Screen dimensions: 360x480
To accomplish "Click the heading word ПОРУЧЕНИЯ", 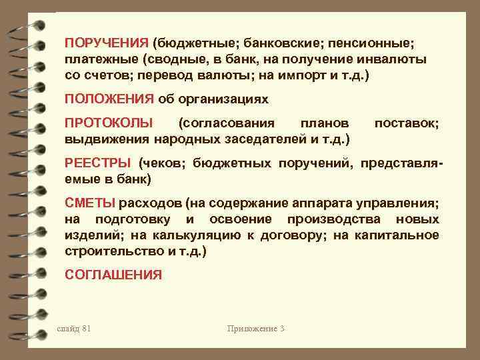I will pos(106,43).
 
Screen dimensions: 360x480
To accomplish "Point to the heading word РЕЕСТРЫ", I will pos(99,163).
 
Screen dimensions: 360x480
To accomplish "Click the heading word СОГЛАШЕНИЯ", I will pos(113,274).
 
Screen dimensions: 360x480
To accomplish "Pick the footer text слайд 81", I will pos(75,329).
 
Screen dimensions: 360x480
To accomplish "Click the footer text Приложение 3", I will pos(255,329).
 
